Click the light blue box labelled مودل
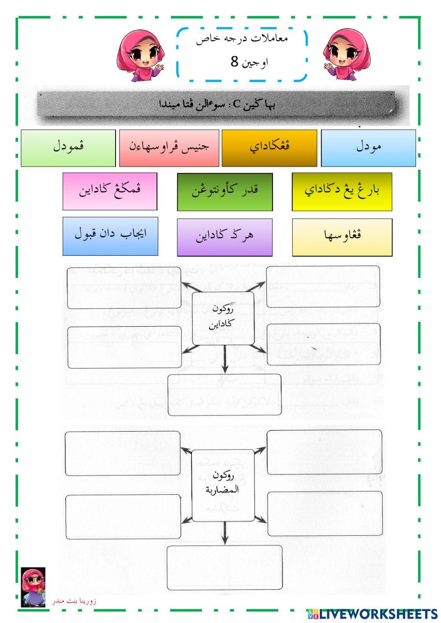tap(368, 148)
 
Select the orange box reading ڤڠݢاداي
tap(269, 148)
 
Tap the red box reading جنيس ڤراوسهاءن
tap(169, 148)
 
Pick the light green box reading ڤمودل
tap(68, 148)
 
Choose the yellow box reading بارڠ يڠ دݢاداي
tap(342, 191)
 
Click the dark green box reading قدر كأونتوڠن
tap(225, 191)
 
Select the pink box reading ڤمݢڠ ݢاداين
tap(110, 191)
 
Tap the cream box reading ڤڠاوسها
tap(342, 237)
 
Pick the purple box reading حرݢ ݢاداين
tap(224, 237)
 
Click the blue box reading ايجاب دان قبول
tap(110, 235)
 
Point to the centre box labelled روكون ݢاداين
tap(223, 318)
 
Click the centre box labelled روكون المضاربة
tap(223, 485)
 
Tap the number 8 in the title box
tap(234, 62)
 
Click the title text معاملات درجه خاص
tap(242, 39)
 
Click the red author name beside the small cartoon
tap(74, 601)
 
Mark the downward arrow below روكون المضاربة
tap(224, 533)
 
